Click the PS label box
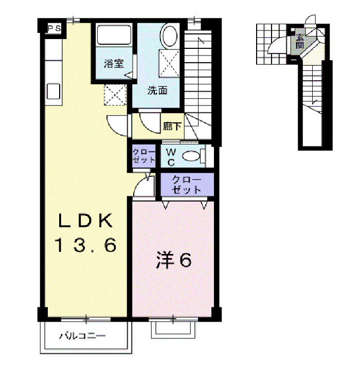pyautogui.click(x=54, y=29)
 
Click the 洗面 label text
pyautogui.click(x=157, y=91)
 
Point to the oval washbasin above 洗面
pyautogui.click(x=169, y=36)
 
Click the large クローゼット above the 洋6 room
pyautogui.click(x=186, y=185)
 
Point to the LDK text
pyautogui.click(x=85, y=221)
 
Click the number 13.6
pyautogui.click(x=85, y=246)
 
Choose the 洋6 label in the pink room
pyautogui.click(x=174, y=261)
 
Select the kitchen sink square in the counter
pyautogui.click(x=53, y=91)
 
